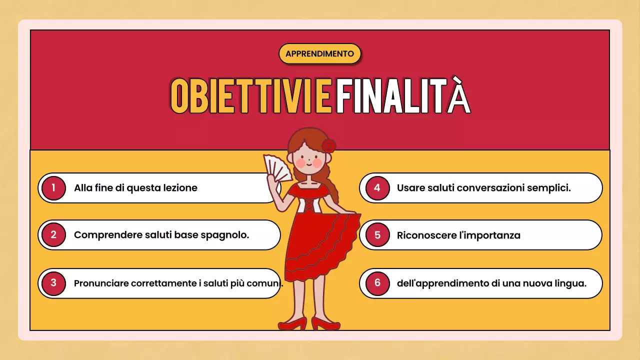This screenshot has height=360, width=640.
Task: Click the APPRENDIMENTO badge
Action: pos(319,53)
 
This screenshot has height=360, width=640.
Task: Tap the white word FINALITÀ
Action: pos(403,96)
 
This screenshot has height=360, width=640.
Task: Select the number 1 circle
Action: pos(53,188)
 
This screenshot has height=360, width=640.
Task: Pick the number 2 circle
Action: pos(53,235)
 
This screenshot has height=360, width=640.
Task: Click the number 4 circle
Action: pos(377,188)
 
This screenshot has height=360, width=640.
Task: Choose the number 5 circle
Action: pos(377,235)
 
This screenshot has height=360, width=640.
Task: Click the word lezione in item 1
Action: pos(180,188)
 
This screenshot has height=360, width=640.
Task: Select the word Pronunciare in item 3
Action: pos(101,283)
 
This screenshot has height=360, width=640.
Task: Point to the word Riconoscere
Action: pos(426,235)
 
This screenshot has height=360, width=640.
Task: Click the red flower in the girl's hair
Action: pos(328,146)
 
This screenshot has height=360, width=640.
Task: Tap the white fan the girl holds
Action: pos(278,167)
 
